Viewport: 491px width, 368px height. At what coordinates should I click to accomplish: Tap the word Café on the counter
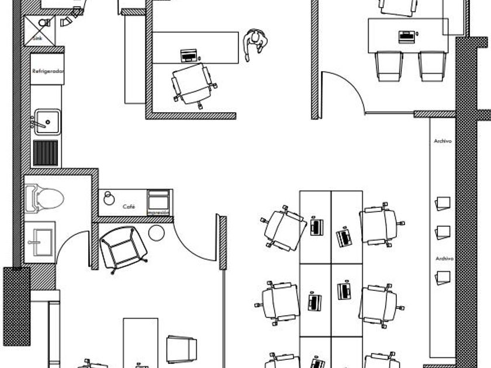tap(129, 207)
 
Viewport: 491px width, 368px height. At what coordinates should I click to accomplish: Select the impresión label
tap(159, 213)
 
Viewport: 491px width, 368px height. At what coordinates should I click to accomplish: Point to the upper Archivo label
tap(443, 141)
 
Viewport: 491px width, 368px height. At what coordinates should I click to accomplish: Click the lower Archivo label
tap(445, 258)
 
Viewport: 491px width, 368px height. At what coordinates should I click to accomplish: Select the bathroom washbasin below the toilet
tap(41, 238)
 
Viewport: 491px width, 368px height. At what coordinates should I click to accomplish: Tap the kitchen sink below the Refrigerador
tap(46, 120)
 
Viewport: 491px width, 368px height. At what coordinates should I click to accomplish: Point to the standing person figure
tap(255, 44)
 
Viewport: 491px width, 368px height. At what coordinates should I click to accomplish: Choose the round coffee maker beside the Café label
tap(109, 198)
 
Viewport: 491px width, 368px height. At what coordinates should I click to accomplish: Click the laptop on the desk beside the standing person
tap(189, 56)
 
